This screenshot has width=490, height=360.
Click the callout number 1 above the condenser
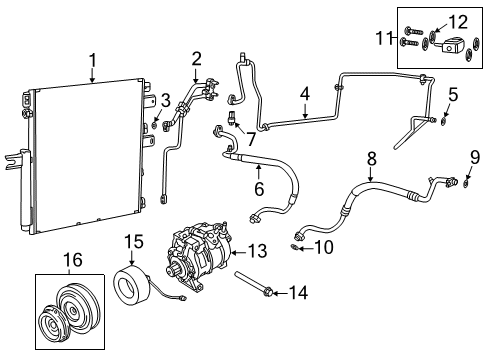pyautogui.click(x=92, y=62)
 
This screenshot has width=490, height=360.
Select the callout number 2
pyautogui.click(x=197, y=57)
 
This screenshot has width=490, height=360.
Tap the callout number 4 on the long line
pyautogui.click(x=305, y=96)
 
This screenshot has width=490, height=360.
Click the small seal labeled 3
pyautogui.click(x=157, y=124)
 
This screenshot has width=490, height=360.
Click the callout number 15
pyautogui.click(x=134, y=241)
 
